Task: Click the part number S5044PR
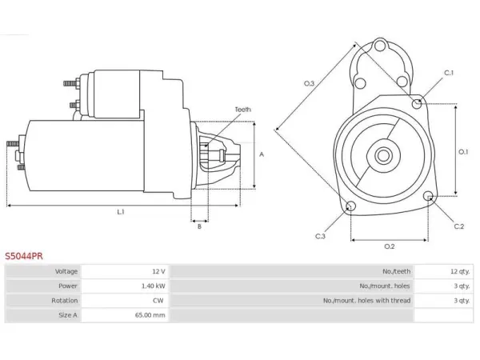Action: click(x=24, y=256)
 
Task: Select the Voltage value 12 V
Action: click(x=158, y=271)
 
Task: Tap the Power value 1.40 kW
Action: click(x=153, y=286)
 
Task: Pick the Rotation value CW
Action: click(x=158, y=301)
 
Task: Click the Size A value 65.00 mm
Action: click(x=150, y=315)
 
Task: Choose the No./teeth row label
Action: click(x=397, y=271)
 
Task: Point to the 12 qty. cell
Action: click(x=460, y=271)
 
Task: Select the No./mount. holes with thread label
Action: click(x=366, y=301)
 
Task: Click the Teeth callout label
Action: click(x=242, y=110)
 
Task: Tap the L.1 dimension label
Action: click(x=121, y=211)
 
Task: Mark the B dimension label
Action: click(x=199, y=226)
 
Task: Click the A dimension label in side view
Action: click(x=262, y=154)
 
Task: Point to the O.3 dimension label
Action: click(x=309, y=83)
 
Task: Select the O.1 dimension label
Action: click(x=463, y=151)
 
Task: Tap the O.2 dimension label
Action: click(x=390, y=246)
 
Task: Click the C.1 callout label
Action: click(x=449, y=73)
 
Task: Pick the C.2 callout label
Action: click(x=459, y=226)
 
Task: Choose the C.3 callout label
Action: click(x=320, y=236)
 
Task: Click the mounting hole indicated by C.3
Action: click(x=350, y=206)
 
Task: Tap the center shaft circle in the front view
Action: click(x=383, y=155)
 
